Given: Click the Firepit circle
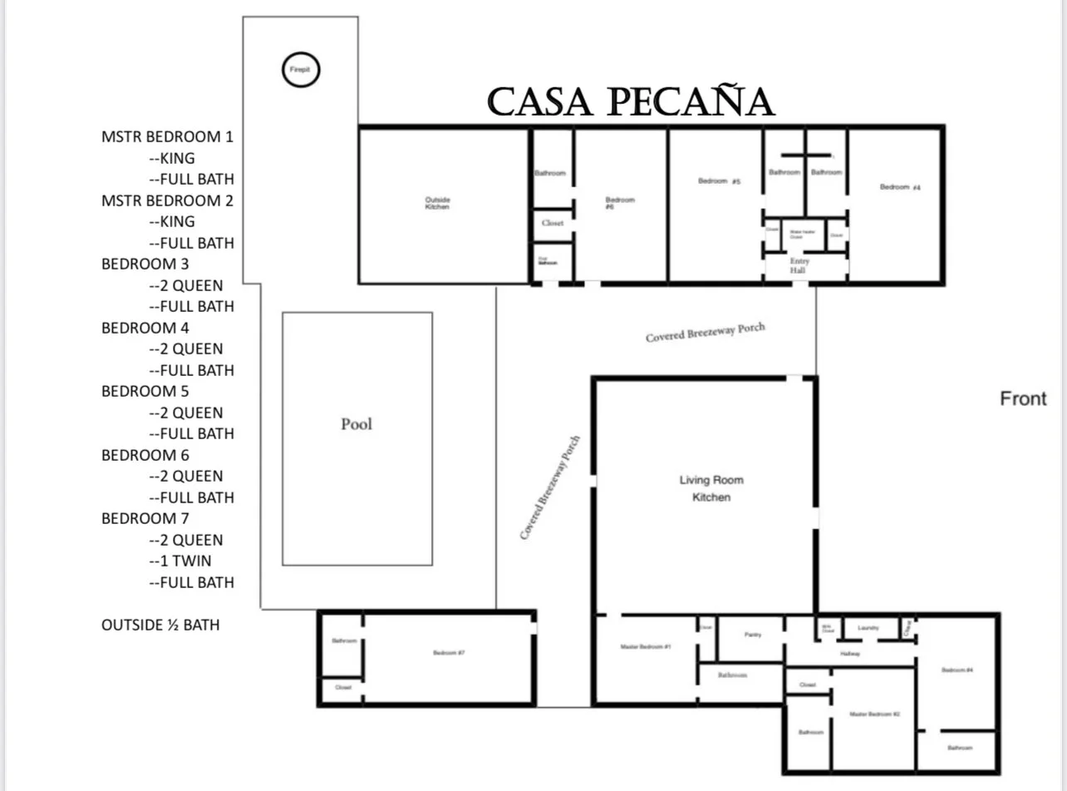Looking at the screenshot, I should (x=300, y=70).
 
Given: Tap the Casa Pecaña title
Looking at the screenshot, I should (x=631, y=102).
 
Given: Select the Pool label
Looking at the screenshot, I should (x=356, y=424).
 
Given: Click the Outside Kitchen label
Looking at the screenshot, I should (x=437, y=203).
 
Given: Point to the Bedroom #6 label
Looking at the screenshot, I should (x=620, y=204).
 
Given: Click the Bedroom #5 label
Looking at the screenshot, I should (x=718, y=181).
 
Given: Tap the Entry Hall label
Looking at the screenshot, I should (x=799, y=265).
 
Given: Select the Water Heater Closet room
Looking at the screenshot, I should (x=802, y=235).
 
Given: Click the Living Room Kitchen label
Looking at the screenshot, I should (x=711, y=488).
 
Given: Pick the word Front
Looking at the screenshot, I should (x=1023, y=398).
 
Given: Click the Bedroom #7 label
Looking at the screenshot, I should (x=449, y=653).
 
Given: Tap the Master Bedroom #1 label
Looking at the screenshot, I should (x=646, y=646).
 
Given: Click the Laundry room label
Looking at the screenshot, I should (x=868, y=628).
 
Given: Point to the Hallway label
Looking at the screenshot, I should (x=850, y=654).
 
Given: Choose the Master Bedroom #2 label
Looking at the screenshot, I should (x=874, y=714).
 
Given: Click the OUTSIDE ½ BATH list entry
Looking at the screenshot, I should (x=160, y=625).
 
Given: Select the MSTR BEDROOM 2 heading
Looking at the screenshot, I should (x=167, y=200).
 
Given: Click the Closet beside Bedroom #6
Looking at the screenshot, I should (x=553, y=224).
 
